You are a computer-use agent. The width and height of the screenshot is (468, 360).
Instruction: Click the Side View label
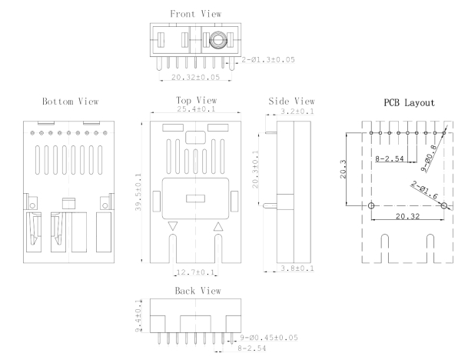[292, 101]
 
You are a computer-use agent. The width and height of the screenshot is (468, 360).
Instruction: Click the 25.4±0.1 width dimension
[196, 110]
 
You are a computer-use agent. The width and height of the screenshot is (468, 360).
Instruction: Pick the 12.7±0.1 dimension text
[195, 272]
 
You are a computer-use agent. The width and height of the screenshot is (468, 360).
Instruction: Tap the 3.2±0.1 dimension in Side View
[298, 112]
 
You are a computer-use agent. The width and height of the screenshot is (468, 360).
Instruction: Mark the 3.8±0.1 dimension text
[298, 268]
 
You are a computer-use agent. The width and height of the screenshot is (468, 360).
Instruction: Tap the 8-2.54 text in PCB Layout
[390, 158]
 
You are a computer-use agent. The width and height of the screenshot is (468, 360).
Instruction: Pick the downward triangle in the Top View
[173, 226]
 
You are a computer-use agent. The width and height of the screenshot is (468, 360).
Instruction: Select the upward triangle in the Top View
[218, 226]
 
